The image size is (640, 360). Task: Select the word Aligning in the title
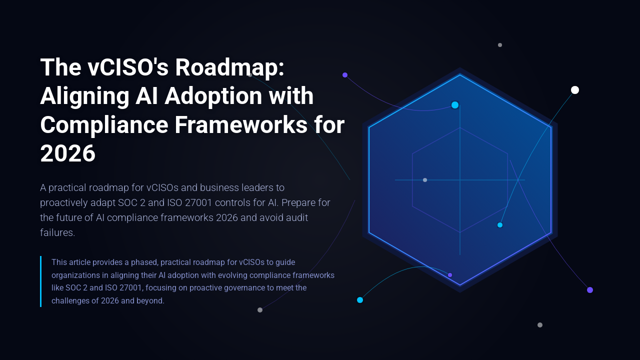[x=83, y=96]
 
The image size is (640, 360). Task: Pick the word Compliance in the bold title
[x=103, y=125]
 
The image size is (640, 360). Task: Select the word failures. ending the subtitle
[x=57, y=232]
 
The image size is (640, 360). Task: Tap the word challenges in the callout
[x=70, y=301]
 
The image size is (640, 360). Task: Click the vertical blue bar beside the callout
[x=41, y=281]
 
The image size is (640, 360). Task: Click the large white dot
[x=575, y=90]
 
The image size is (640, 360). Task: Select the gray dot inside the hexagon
[x=425, y=180]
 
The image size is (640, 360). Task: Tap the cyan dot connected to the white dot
[x=500, y=225]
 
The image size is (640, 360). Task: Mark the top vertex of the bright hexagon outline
[x=460, y=75]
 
